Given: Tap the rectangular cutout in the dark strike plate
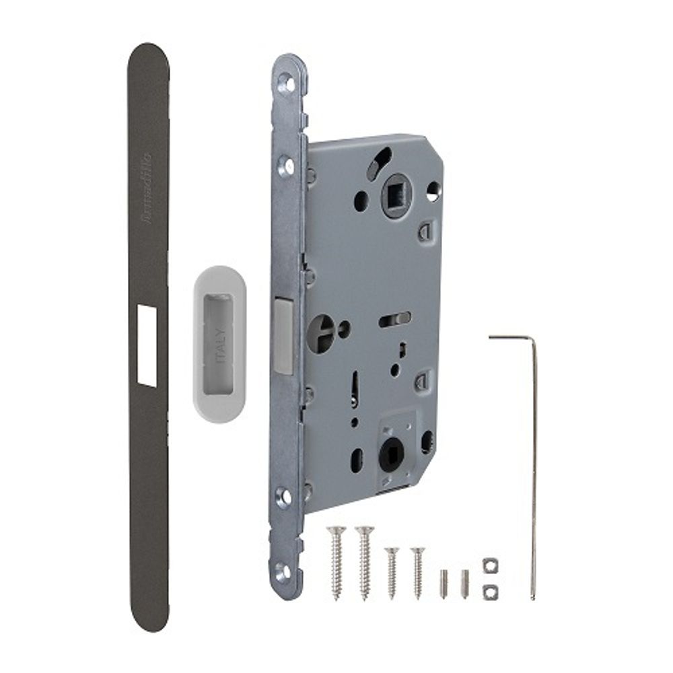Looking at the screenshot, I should click(147, 345).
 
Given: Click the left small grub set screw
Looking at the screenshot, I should click(444, 583).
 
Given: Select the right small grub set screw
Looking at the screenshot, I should click(464, 583).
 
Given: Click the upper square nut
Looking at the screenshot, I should click(489, 564).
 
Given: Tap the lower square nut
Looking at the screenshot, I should click(489, 590).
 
